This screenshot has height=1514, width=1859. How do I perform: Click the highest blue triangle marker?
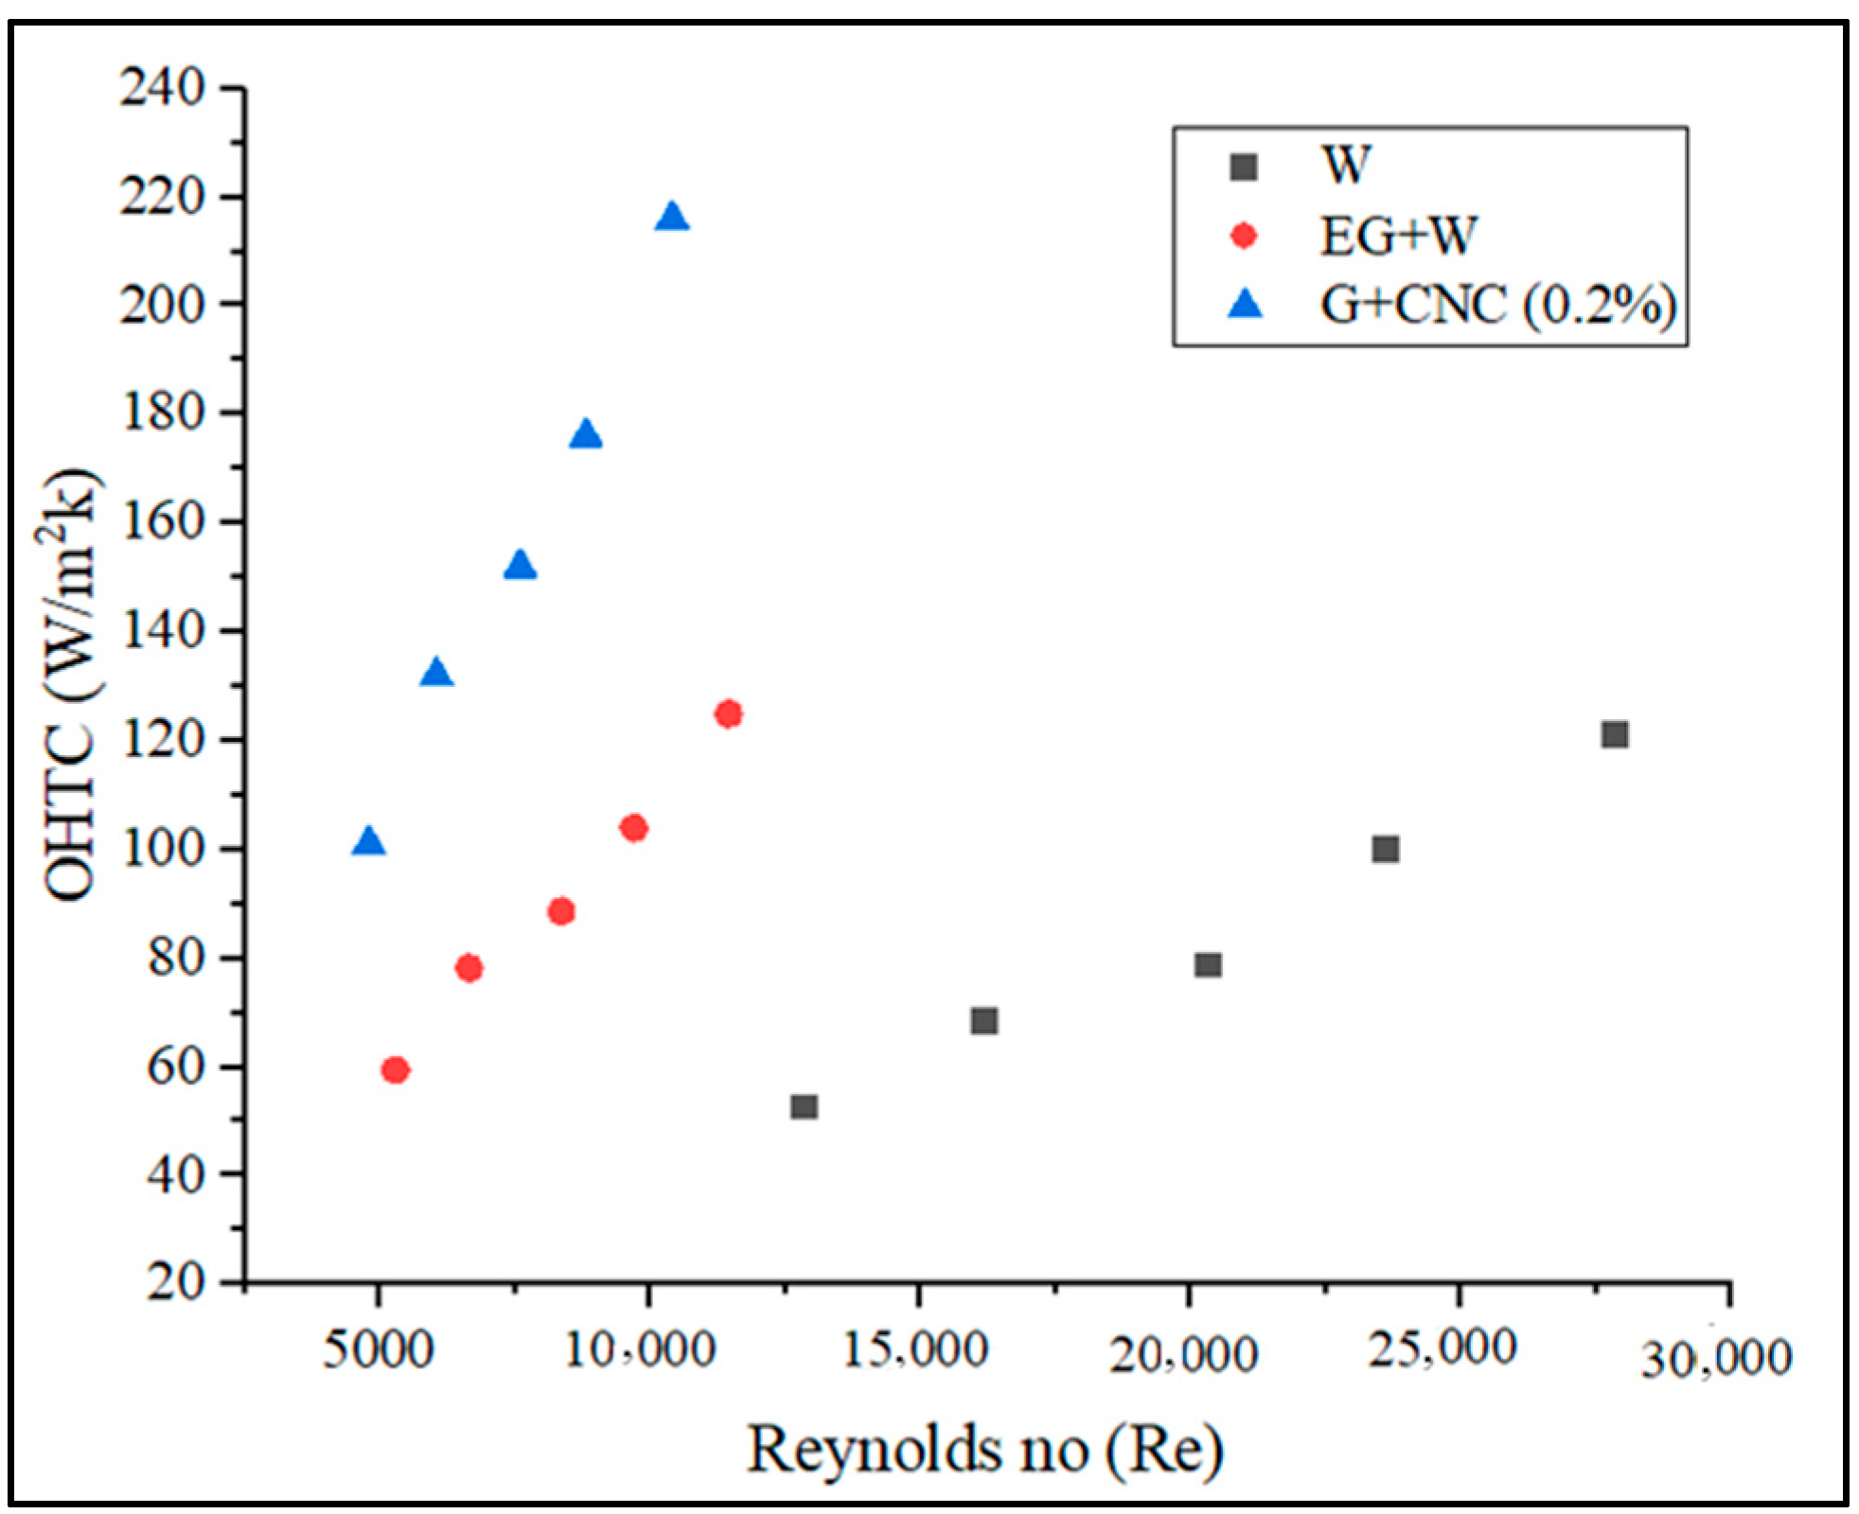coord(672,217)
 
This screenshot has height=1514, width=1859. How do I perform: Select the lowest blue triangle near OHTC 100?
coord(368,840)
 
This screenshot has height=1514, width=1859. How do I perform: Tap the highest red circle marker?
coord(728,713)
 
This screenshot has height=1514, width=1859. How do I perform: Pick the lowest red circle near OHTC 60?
coord(395,1070)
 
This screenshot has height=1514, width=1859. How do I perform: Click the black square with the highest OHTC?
coord(1615,735)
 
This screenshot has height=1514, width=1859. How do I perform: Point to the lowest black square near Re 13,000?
coord(804,1107)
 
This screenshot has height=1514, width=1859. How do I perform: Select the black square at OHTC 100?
coord(1385,849)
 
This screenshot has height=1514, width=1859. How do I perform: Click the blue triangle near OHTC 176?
coord(586,434)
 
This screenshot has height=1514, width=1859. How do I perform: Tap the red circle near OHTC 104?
coord(633,828)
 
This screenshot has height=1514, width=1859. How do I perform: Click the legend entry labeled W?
coord(1345,167)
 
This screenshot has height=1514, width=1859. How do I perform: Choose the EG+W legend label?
coord(1398,236)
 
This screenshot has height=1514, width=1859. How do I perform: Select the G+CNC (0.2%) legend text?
coord(1498,306)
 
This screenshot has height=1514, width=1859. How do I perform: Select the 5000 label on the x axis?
coord(378,1349)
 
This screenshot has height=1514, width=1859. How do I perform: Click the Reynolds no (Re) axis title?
coord(985,1450)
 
